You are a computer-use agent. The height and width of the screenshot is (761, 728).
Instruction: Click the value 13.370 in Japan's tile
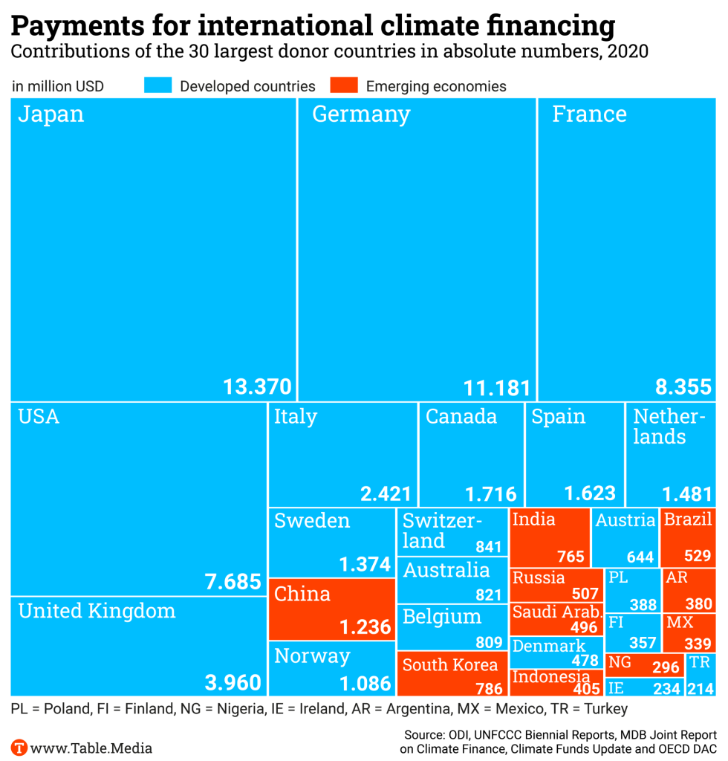coord(258,387)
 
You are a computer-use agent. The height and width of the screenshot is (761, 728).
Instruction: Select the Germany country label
coord(361,114)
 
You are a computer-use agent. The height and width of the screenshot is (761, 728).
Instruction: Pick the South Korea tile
coord(452,673)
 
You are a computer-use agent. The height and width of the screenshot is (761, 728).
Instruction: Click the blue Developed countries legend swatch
coord(158,85)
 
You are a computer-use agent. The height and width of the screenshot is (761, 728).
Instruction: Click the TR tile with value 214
coord(701,675)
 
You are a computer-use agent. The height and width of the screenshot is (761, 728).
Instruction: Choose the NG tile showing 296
coord(643,664)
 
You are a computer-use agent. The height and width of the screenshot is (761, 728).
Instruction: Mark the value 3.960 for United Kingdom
coord(233,682)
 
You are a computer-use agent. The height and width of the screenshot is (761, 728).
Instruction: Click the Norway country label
coord(312,656)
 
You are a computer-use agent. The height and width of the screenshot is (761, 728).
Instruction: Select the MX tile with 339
coord(689,632)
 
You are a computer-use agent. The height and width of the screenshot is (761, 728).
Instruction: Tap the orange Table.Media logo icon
coord(19,747)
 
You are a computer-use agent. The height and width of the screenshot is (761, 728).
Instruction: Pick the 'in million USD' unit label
coord(58,86)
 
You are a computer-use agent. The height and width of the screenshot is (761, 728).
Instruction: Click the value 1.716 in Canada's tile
coord(490,493)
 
